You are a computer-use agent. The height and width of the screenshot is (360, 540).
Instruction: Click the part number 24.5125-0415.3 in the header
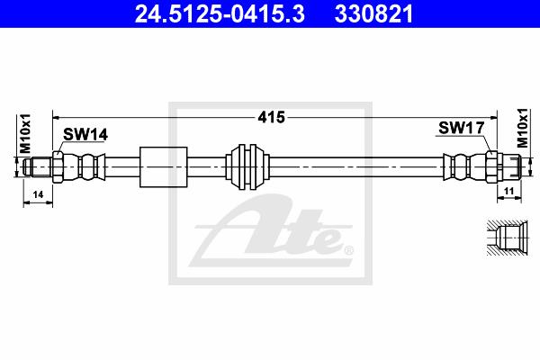(x=220, y=14)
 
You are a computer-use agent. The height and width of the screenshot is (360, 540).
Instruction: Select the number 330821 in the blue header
(x=373, y=14)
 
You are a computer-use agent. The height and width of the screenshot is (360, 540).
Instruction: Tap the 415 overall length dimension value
(x=272, y=118)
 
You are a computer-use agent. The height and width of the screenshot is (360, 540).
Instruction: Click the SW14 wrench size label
(x=85, y=134)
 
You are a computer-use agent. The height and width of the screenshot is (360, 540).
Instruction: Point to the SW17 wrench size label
(x=462, y=128)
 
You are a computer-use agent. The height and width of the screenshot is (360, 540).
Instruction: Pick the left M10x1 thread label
(x=25, y=134)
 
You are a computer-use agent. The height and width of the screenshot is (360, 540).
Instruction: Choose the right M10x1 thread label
(x=522, y=128)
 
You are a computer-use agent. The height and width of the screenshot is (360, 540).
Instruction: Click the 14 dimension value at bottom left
(x=38, y=194)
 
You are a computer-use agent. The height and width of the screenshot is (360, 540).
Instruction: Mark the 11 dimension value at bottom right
(x=508, y=191)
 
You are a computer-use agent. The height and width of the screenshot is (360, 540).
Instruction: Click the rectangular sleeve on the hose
(x=164, y=167)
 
